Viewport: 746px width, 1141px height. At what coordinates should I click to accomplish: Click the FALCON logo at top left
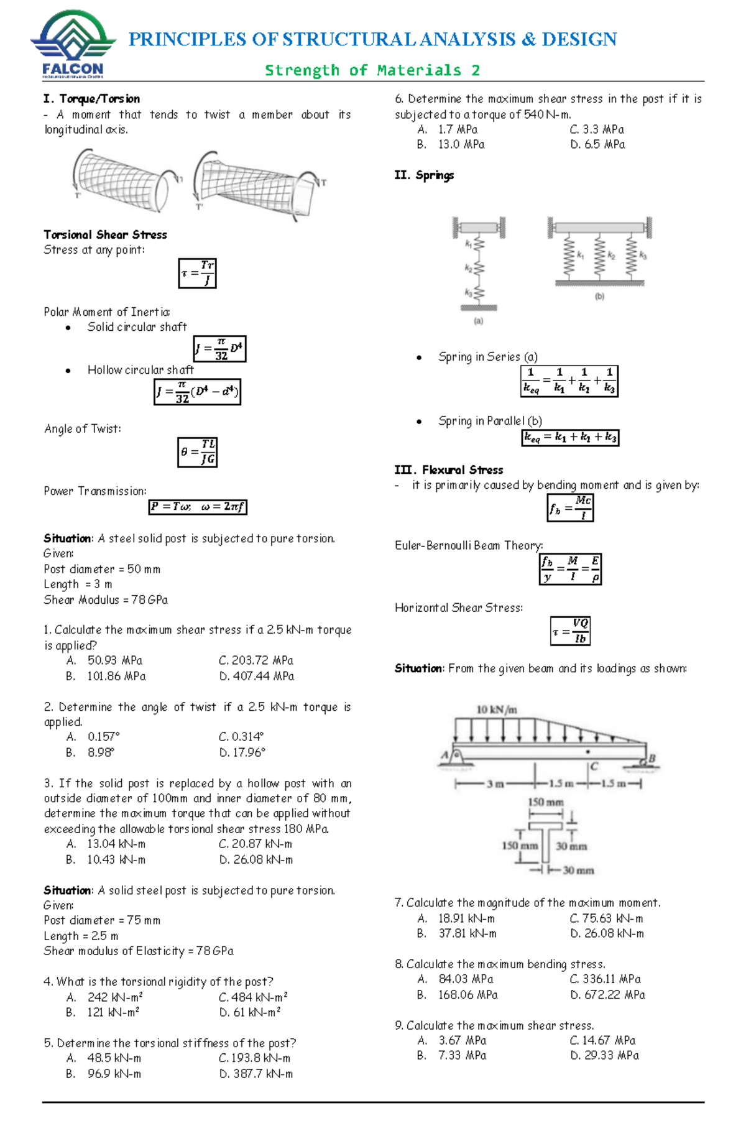point(73,44)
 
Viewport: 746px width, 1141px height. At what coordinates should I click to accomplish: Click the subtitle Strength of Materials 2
point(372,70)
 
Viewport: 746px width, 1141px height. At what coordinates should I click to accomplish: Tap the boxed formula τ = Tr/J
point(198,273)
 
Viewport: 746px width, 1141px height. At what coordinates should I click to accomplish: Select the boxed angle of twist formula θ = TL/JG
point(198,452)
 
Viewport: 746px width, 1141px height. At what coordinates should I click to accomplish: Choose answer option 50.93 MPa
point(115,660)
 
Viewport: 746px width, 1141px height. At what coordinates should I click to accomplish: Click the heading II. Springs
point(424,175)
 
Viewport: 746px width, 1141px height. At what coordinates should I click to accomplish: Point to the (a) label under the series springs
point(478,321)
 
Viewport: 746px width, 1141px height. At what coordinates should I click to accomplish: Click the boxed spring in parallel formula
point(570,438)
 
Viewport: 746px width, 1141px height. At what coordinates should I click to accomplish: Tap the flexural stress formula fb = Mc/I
point(570,507)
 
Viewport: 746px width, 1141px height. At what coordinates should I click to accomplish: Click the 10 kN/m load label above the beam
point(497,709)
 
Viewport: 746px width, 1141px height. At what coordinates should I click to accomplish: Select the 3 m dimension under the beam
point(495,784)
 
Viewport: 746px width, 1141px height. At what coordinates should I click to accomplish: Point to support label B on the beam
point(652,759)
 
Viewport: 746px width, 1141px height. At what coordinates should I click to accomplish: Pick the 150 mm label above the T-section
point(545,802)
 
